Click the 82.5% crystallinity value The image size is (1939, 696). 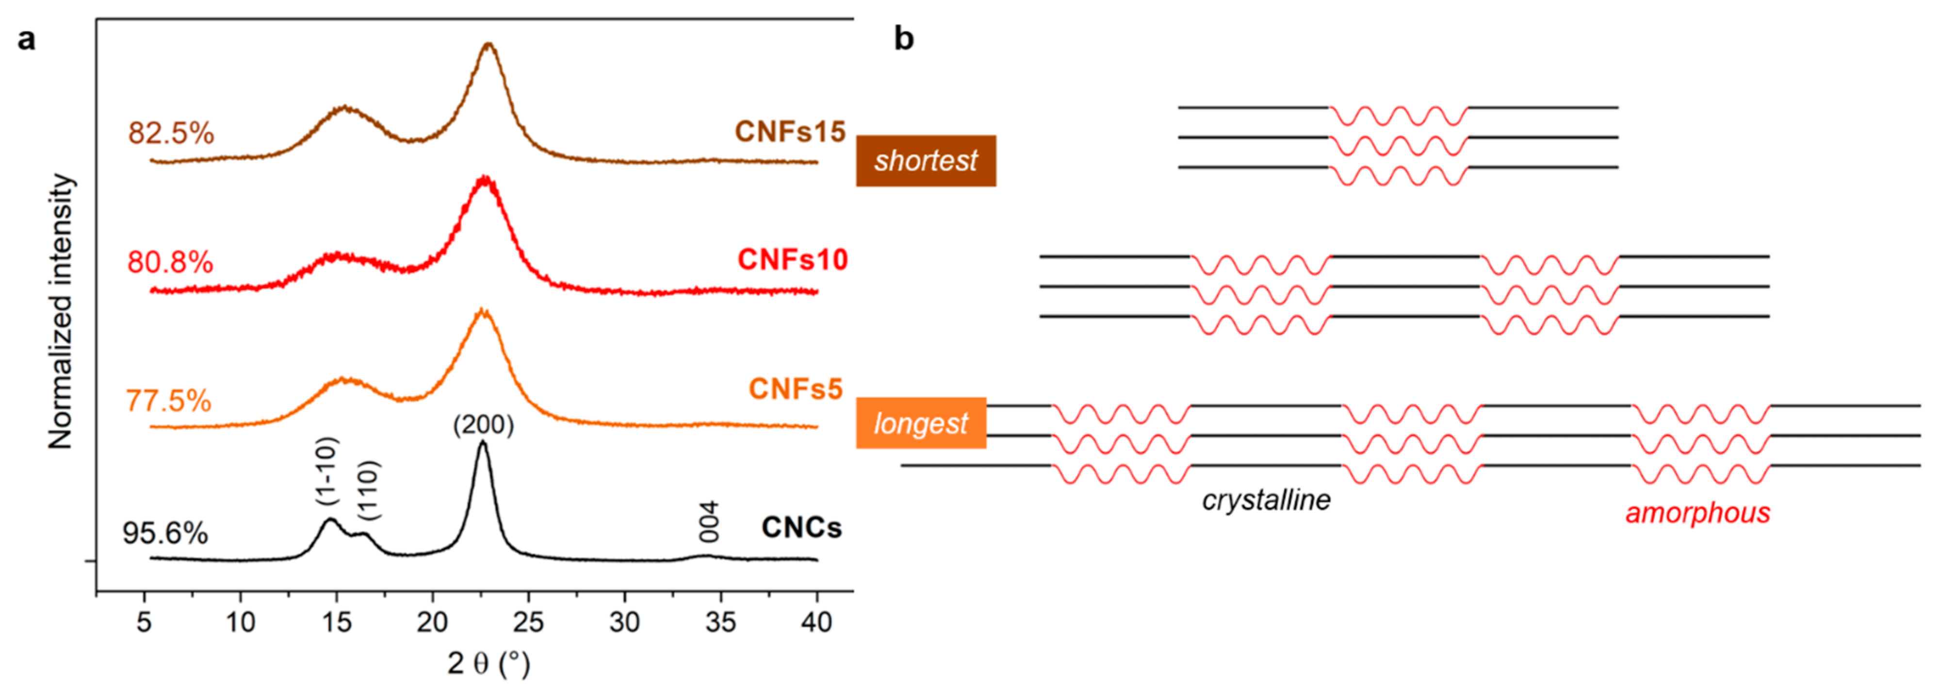(x=171, y=134)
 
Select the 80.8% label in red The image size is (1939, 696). (x=170, y=263)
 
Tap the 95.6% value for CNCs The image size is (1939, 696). (x=165, y=533)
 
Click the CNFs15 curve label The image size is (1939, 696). (x=790, y=132)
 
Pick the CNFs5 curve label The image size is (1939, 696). (x=795, y=390)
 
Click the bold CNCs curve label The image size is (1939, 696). (x=801, y=527)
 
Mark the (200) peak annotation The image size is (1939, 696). (x=483, y=425)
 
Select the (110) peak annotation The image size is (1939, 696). (x=369, y=491)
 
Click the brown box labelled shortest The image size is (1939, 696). (x=926, y=160)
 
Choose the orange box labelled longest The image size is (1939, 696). (x=921, y=424)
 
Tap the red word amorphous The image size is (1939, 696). (x=1697, y=513)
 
